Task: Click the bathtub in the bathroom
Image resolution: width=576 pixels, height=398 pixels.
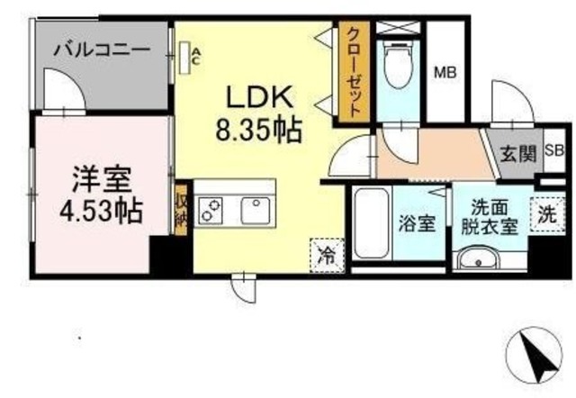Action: tap(369, 223)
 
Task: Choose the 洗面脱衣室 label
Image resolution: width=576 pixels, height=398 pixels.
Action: tap(485, 216)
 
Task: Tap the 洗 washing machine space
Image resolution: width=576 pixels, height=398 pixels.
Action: tap(546, 216)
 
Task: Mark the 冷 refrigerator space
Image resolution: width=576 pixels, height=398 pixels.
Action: tap(326, 253)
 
